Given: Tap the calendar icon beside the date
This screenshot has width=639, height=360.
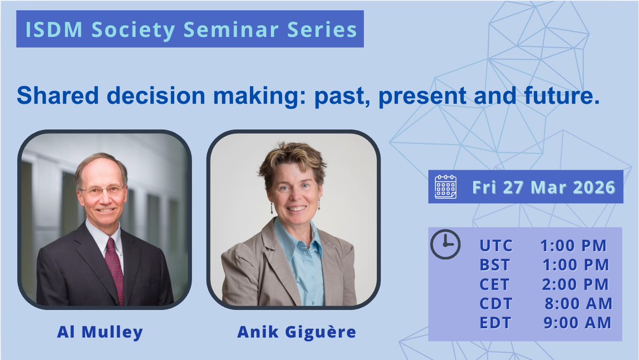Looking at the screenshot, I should pos(446,187).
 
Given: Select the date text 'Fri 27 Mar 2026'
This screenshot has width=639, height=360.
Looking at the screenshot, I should pos(544,187).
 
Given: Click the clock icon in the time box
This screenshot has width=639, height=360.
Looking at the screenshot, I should pos(445,244).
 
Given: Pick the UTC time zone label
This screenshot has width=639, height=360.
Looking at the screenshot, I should pos(496,245).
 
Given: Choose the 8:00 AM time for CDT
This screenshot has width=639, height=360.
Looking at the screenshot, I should pos(578,303).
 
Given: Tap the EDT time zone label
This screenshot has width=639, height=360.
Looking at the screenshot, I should pos(496,323).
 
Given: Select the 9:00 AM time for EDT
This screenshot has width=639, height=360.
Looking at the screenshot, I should pos(577,323).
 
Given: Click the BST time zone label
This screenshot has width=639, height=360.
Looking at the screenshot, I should pos(495,265).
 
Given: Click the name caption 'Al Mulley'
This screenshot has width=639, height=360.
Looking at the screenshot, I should pos(100,332).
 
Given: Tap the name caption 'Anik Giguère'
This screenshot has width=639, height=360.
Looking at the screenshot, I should pos(296,332).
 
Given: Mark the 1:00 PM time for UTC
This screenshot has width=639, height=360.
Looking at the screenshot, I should pos(573,245).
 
